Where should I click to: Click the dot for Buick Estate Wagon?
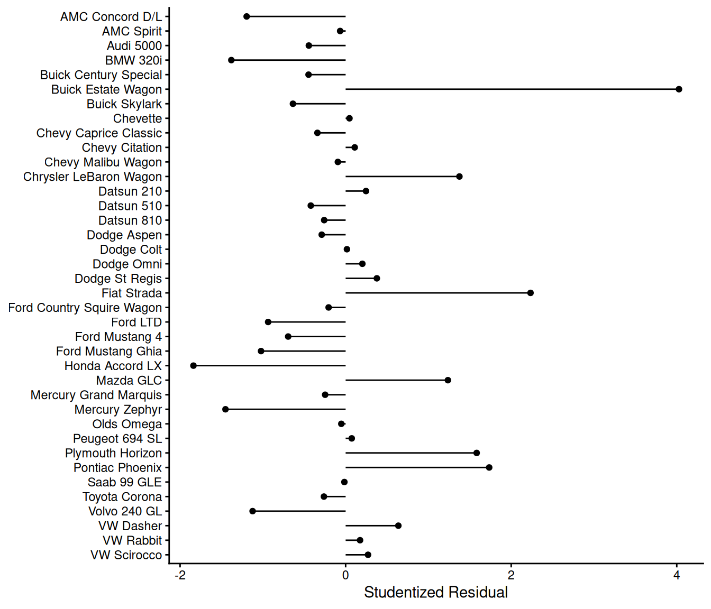(x=679, y=89)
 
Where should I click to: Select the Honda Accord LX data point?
(x=193, y=366)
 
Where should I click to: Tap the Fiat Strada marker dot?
(x=531, y=293)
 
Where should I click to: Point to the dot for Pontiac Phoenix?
(x=489, y=467)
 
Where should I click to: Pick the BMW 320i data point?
(x=231, y=60)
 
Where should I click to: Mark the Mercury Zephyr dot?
(x=225, y=409)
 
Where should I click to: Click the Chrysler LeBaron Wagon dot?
(x=459, y=177)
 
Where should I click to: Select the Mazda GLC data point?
(x=448, y=380)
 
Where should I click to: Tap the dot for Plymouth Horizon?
(x=477, y=453)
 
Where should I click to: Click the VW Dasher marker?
(x=398, y=525)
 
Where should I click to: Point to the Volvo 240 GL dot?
(x=252, y=511)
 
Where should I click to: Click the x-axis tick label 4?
(x=677, y=576)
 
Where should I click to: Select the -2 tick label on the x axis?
(x=180, y=576)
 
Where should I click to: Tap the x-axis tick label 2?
(x=511, y=576)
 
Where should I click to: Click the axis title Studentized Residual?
(x=435, y=593)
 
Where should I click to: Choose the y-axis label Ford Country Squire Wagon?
(x=85, y=308)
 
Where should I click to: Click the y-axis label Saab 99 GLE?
(x=125, y=482)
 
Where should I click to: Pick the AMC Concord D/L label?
(x=111, y=17)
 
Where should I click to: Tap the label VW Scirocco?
(x=126, y=555)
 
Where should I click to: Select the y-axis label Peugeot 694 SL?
(x=117, y=439)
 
